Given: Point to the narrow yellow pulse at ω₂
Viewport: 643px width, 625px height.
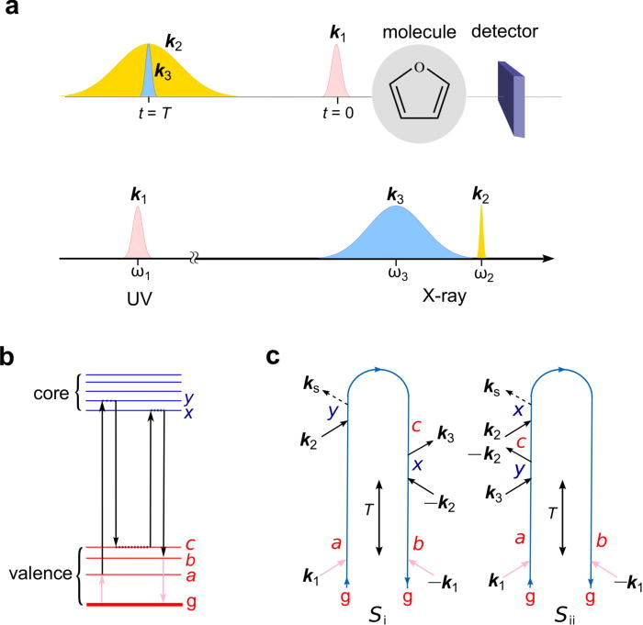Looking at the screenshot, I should (481, 236).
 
